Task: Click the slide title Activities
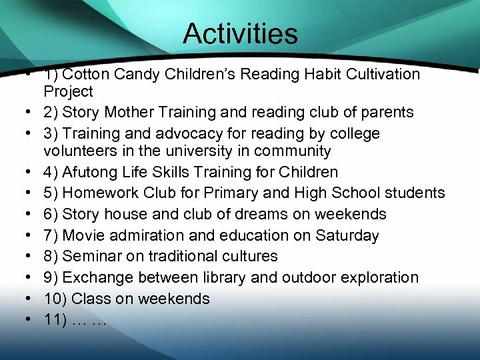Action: click(x=240, y=33)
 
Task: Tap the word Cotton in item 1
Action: click(x=88, y=75)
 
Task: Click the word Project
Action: click(x=69, y=91)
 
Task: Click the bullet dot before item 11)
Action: click(x=31, y=320)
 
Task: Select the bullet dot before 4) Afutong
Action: click(x=31, y=173)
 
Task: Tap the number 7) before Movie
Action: click(x=51, y=235)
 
